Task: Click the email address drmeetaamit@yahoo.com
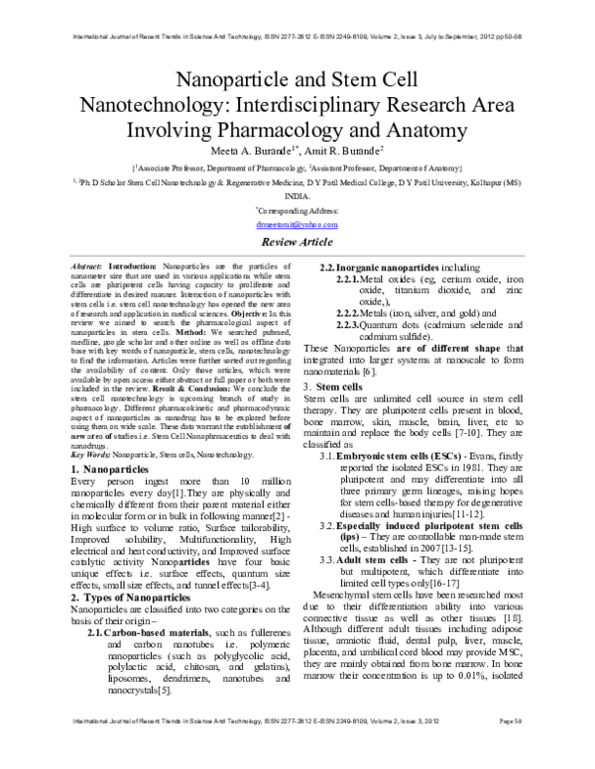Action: coord(297,225)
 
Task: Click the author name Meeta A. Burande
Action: coord(248,152)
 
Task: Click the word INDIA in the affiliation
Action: coord(297,196)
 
